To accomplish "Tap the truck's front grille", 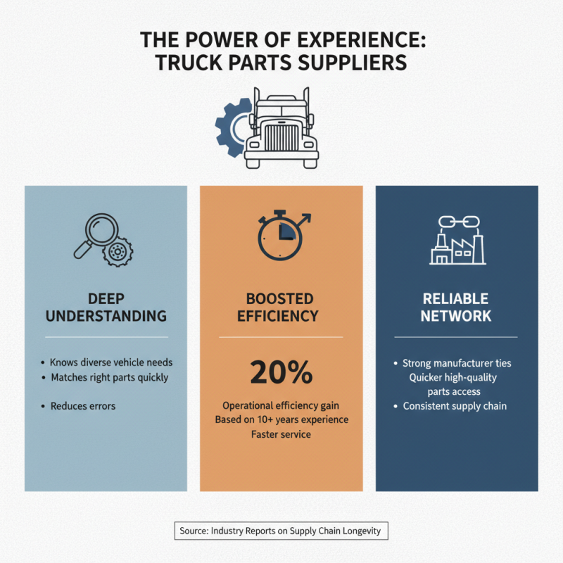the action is [x=281, y=137].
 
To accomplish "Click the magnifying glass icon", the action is [x=96, y=235].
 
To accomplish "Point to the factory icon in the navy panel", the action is [x=457, y=248].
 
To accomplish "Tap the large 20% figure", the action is [x=281, y=372].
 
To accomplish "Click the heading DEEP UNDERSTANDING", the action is [x=106, y=308].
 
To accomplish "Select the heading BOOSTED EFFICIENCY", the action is [x=278, y=308].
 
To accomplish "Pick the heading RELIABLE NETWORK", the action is [x=455, y=308].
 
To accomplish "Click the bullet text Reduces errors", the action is [x=83, y=406].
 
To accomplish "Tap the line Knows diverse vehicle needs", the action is [x=111, y=362].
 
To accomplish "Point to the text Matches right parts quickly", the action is [x=110, y=378].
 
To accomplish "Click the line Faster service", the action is [x=281, y=434].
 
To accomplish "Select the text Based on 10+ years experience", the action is [x=282, y=419].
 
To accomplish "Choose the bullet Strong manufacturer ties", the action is [x=457, y=363].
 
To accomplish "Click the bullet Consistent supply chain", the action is [x=455, y=406].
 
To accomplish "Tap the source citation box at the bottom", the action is [x=281, y=531].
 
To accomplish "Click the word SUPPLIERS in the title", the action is [x=353, y=63].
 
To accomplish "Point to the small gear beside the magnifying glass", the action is [x=118, y=251].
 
